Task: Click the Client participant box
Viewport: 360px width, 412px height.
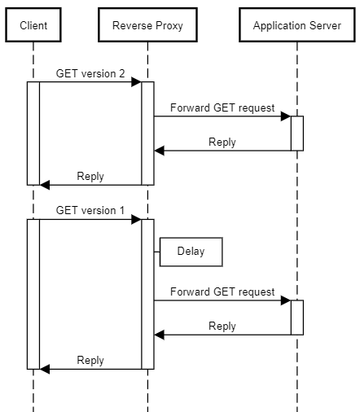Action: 33,25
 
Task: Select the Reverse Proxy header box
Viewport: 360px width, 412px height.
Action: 147,25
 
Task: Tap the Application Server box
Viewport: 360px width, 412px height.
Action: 296,25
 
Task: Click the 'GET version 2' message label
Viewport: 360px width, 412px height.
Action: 90,73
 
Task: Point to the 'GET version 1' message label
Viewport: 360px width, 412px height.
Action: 90,210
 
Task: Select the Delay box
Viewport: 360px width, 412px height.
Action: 191,252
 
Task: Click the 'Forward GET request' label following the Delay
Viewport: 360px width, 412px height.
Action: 222,291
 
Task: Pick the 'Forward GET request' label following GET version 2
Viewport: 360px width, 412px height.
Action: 222,107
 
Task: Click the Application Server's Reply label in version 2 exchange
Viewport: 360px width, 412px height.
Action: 222,142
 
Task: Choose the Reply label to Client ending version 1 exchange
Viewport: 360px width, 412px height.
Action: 90,360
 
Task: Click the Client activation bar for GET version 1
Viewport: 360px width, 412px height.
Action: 33,293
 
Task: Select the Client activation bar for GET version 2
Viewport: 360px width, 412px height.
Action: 33,133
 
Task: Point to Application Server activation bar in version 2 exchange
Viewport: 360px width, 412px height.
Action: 297,133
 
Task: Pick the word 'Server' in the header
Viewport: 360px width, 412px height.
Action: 324,25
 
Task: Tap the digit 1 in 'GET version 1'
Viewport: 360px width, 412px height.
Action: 122,210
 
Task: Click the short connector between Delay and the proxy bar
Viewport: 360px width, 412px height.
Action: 157,252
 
